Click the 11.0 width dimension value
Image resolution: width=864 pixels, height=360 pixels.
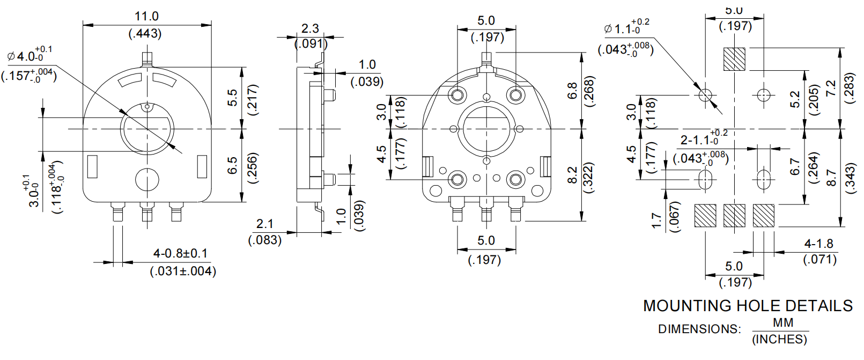tap(146, 16)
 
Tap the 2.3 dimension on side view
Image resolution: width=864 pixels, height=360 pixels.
tap(310, 28)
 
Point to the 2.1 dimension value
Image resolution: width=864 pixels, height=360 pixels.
tap(264, 224)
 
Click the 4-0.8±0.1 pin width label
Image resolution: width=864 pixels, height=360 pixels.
tap(180, 253)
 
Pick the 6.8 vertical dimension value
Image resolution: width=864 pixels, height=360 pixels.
tap(572, 90)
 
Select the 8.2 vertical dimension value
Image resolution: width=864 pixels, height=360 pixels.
tap(572, 175)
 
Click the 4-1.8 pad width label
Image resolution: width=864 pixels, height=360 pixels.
tap(819, 244)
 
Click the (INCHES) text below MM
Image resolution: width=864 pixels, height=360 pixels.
tap(779, 339)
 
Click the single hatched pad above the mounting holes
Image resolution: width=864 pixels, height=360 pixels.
tap(734, 59)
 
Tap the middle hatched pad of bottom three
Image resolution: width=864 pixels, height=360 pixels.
tap(734, 216)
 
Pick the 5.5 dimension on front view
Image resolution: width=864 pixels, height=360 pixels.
tap(232, 98)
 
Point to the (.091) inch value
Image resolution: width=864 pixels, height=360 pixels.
tap(311, 43)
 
